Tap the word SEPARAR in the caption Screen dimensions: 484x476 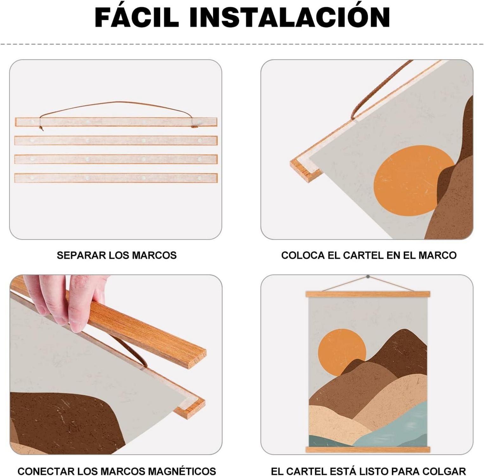click(x=81, y=255)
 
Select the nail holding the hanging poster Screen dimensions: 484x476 click(x=368, y=277)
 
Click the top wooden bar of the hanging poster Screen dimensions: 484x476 click(x=368, y=294)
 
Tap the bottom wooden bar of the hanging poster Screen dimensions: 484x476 click(x=368, y=449)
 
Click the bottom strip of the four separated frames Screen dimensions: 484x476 click(x=116, y=178)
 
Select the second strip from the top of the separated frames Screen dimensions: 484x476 click(x=116, y=140)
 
